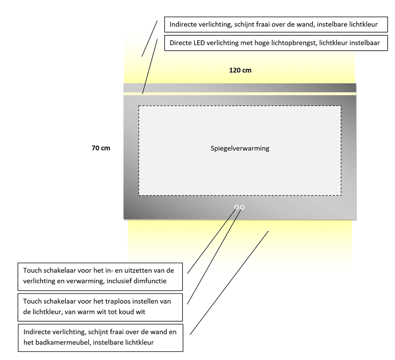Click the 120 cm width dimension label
tap(240, 70)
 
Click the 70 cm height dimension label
tap(101, 148)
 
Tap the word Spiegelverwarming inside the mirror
tap(240, 149)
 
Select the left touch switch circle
tap(236, 207)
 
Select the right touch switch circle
tap(242, 207)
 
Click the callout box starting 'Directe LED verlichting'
tap(276, 43)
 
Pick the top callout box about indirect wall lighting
tap(276, 24)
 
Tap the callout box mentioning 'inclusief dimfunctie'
tap(100, 276)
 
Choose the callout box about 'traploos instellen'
tap(100, 307)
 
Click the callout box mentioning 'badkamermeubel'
tap(100, 338)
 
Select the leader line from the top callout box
tap(149, 38)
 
